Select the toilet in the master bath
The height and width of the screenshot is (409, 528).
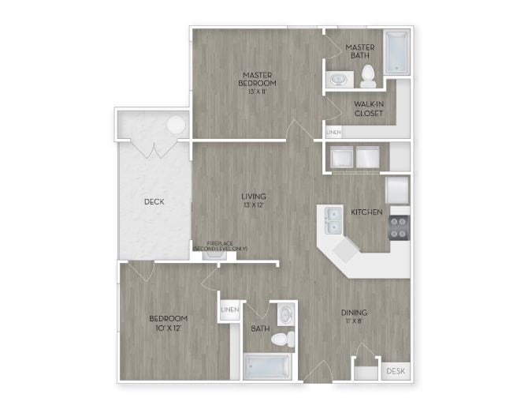click(367, 77)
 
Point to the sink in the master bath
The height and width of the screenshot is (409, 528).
click(339, 79)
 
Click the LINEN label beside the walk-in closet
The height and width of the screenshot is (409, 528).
click(333, 133)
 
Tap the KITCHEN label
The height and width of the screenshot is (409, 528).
click(366, 212)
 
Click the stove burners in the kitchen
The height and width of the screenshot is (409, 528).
click(399, 228)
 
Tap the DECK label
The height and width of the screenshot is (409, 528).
click(154, 201)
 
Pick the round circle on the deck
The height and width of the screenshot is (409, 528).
click(176, 124)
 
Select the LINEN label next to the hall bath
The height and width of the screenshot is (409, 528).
click(230, 310)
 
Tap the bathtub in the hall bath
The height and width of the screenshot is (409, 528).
click(266, 366)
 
